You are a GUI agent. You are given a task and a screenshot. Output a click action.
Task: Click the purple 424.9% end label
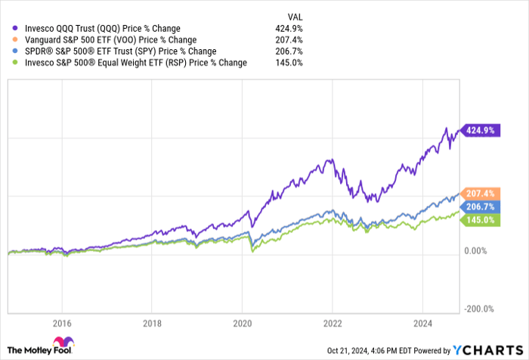481,130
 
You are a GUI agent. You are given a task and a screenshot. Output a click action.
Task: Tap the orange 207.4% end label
481,194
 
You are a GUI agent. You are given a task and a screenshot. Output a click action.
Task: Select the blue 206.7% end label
481,206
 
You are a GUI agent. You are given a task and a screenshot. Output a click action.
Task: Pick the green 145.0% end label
481,219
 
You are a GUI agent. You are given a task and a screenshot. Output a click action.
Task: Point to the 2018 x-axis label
152,320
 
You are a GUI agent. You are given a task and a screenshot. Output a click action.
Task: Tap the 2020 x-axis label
242,320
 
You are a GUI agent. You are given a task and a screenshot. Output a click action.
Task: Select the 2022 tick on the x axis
333,320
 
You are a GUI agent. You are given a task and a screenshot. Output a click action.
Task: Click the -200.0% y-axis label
480,309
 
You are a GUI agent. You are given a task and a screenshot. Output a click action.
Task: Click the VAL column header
295,15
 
